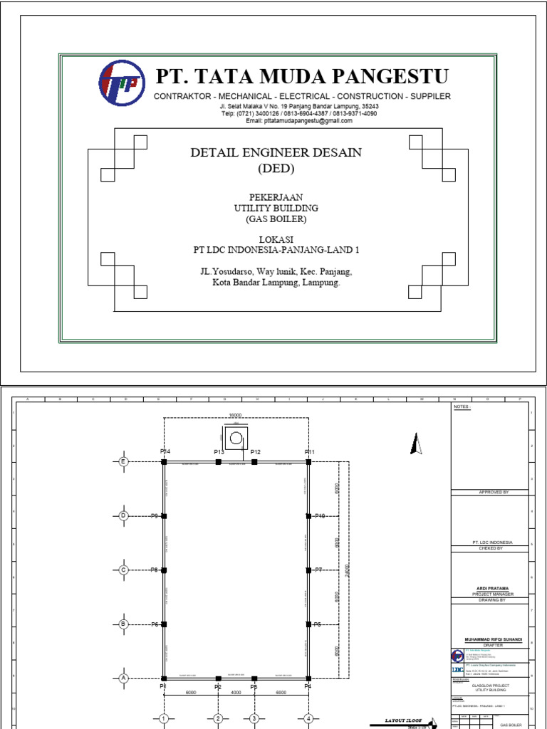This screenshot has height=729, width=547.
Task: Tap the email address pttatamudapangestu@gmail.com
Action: tap(299, 121)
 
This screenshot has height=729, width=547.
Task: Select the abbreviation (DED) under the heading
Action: tap(275, 169)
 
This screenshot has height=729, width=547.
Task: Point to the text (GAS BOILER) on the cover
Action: tap(276, 219)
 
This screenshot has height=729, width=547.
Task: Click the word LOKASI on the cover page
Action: tap(276, 239)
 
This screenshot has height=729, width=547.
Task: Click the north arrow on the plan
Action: tap(417, 444)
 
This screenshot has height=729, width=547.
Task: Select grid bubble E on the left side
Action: tap(123, 461)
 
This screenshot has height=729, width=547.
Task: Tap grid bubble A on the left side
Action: tap(123, 678)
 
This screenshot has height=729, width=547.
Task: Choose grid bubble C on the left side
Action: tap(123, 570)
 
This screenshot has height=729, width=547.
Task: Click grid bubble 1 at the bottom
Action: tap(163, 719)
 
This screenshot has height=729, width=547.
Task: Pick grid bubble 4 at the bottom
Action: tap(308, 719)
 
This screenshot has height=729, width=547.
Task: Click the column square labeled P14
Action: tap(164, 462)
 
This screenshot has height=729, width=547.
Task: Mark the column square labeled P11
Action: tap(308, 462)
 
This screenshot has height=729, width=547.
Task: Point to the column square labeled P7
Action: tap(308, 570)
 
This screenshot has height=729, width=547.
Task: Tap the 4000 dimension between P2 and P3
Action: tap(236, 691)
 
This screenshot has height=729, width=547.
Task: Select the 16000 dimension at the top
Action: tap(236, 414)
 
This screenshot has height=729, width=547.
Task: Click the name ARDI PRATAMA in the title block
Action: tap(491, 589)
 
